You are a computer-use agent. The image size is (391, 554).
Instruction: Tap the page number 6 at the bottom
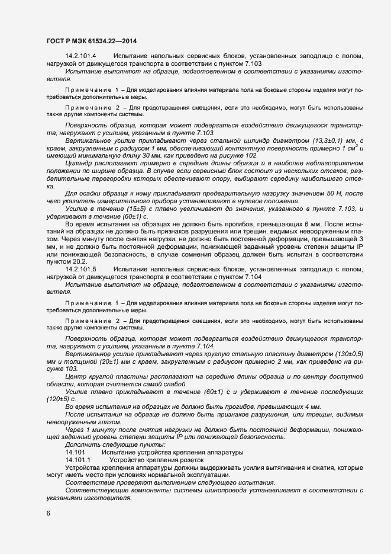coord(48,513)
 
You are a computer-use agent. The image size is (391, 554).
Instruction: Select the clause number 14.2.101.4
coord(81,55)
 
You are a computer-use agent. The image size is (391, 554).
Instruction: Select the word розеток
coord(189,459)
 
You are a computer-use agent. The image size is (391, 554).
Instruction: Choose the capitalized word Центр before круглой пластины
coord(77,376)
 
